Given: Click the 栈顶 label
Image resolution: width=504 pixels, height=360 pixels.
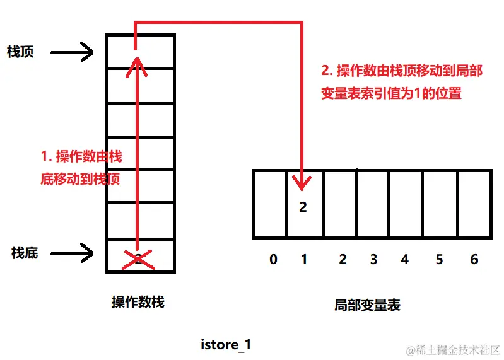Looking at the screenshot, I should click(20, 52).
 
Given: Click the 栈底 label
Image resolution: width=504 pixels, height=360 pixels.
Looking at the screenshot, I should click(25, 253).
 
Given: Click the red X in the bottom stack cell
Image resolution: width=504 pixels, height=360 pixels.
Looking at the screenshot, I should click(137, 258).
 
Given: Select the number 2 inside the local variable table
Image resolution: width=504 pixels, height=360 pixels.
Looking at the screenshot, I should click(303, 207).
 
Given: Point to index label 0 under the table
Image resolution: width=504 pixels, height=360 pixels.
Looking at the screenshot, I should click(273, 259).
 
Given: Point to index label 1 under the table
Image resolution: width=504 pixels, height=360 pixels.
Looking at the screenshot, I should click(303, 259).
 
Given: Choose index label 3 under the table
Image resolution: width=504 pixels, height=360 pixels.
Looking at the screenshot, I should click(373, 259).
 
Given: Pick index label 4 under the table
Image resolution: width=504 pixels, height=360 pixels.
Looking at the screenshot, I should click(404, 259).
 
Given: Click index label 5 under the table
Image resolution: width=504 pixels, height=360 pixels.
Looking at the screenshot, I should click(439, 259).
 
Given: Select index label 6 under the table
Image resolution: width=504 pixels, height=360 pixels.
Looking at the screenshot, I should click(474, 259).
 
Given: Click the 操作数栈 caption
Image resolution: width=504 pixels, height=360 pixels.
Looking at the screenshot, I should click(138, 302).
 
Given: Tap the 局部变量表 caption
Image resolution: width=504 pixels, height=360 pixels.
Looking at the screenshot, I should click(367, 305).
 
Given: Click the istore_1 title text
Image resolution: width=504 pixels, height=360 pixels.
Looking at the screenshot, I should click(226, 345).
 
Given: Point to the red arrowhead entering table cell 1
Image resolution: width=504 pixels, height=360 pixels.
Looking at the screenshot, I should click(303, 183).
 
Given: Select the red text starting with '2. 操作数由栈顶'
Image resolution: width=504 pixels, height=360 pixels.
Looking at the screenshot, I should click(401, 82).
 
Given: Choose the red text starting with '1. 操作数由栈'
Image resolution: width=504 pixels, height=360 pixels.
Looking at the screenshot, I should click(81, 168).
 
